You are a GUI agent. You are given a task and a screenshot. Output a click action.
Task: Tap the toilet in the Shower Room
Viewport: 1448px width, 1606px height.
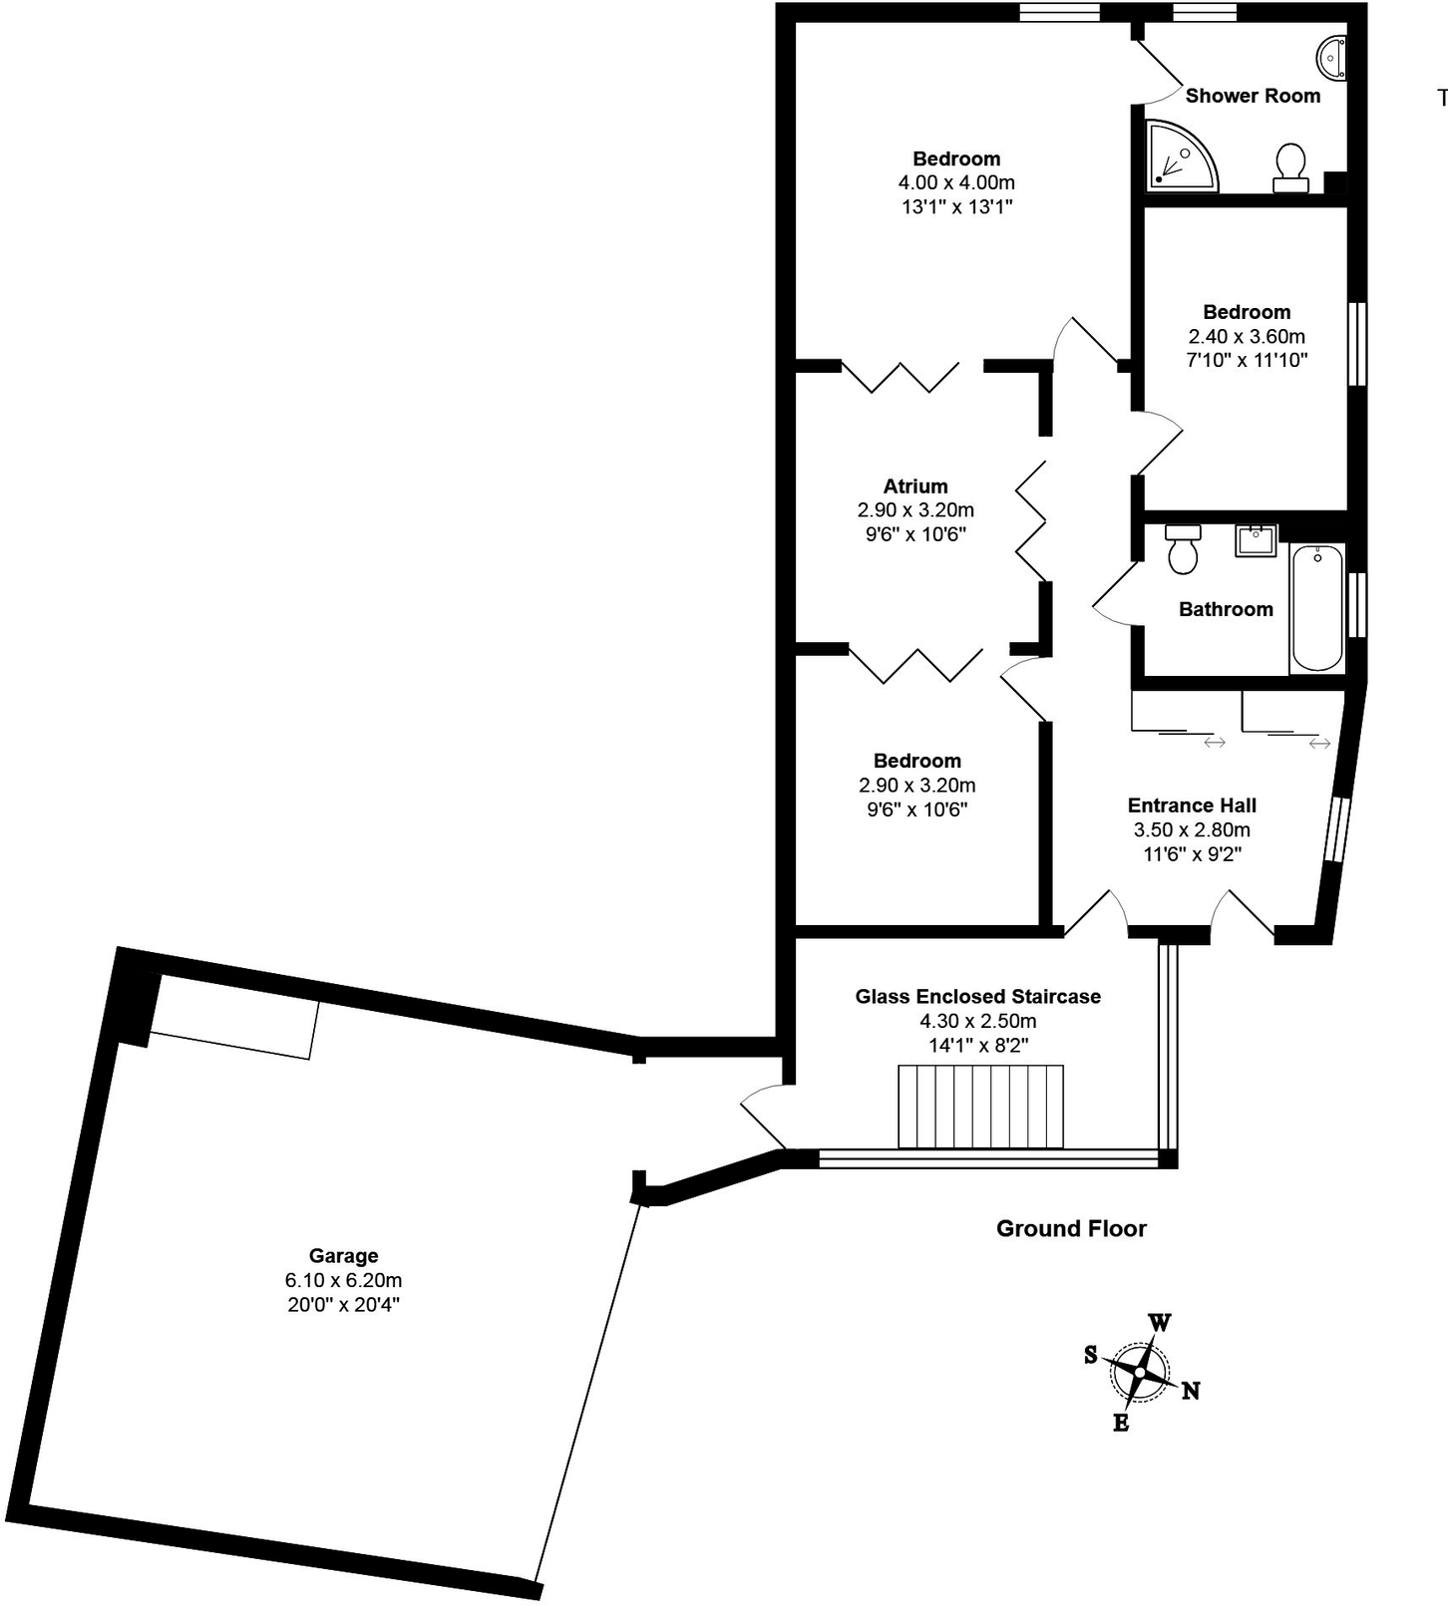click(1290, 167)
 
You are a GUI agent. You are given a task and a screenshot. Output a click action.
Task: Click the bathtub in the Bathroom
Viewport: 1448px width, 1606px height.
click(1317, 608)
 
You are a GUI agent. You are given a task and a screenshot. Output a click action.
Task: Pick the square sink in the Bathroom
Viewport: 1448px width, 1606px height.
click(1256, 541)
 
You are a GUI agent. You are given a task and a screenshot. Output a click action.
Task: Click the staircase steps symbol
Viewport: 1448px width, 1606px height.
click(980, 1107)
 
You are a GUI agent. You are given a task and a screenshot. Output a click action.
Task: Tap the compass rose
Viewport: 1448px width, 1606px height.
click(1140, 1372)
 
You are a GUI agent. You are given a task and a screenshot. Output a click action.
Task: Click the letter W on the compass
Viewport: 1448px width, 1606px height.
click(1160, 1323)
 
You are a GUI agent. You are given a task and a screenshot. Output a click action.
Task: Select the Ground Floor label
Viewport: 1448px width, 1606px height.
click(1071, 1228)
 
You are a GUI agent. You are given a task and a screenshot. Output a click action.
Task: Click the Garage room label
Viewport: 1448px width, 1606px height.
click(343, 1255)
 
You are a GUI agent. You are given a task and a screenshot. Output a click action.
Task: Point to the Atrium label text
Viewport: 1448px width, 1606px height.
click(915, 486)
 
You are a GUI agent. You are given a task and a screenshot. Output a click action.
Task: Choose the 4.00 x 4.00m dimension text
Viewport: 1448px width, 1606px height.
click(956, 182)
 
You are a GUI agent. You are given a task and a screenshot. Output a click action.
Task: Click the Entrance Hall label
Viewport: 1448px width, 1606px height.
click(1192, 804)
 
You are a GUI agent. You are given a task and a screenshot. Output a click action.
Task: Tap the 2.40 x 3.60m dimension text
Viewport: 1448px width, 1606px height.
click(1247, 336)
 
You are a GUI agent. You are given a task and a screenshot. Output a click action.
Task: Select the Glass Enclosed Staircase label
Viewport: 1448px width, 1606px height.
click(977, 996)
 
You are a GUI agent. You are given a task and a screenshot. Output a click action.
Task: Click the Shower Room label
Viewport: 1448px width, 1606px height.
click(1253, 96)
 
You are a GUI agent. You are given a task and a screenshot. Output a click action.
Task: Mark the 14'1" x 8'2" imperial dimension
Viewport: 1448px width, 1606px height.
click(977, 1045)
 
